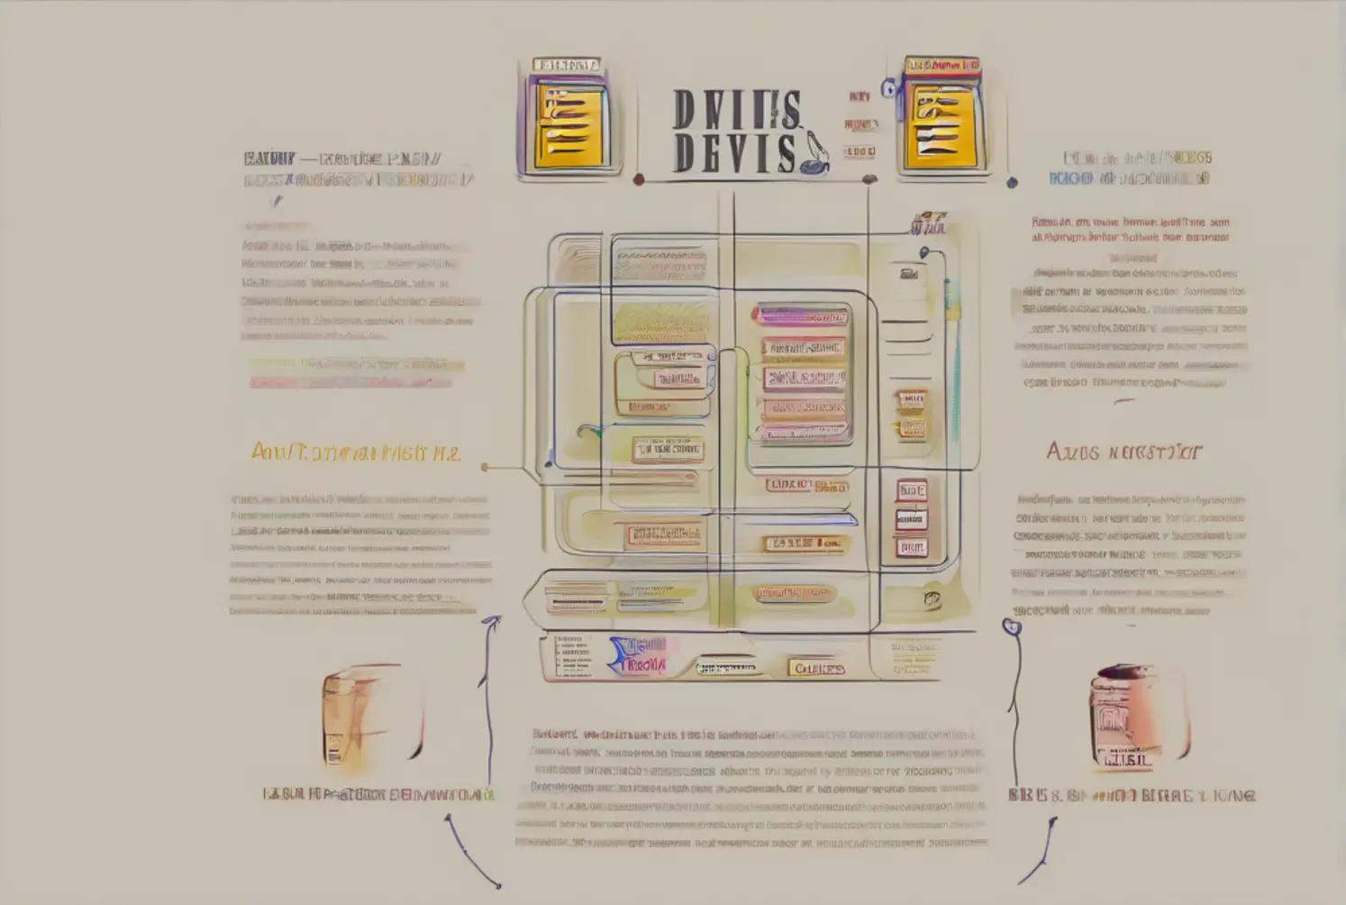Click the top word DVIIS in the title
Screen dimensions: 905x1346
click(735, 110)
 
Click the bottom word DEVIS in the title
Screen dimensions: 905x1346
click(733, 152)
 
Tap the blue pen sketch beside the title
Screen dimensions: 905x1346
click(814, 154)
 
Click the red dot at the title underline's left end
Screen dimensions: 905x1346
click(639, 179)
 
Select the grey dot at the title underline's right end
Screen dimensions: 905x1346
click(869, 179)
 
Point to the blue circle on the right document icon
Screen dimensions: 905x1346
click(889, 88)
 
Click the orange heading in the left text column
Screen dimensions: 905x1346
click(355, 452)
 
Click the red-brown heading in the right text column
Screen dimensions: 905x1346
click(1123, 451)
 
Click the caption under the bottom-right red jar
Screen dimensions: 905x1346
click(1132, 795)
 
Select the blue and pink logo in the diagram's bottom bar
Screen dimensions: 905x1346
click(639, 655)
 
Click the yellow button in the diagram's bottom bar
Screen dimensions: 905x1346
click(816, 668)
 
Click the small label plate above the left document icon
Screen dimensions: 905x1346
click(566, 65)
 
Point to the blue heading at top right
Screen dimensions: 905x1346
click(1130, 169)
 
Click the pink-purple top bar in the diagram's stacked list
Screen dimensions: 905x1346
click(802, 316)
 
